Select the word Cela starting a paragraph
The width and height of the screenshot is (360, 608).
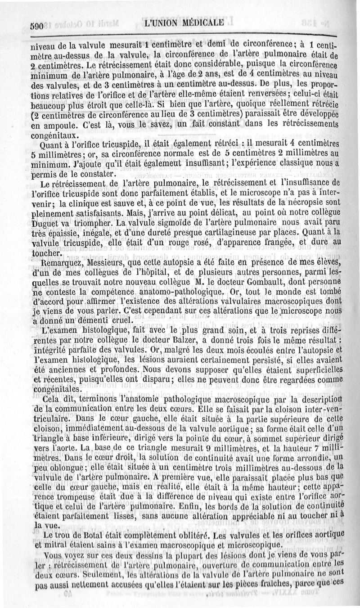click(50, 399)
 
